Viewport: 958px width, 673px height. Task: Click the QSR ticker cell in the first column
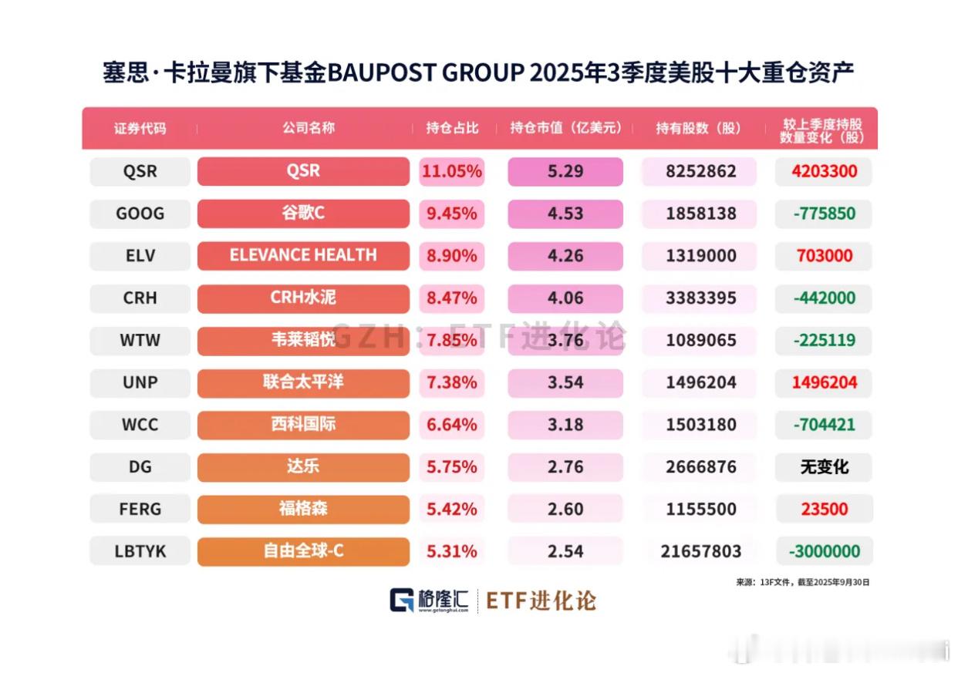[140, 171]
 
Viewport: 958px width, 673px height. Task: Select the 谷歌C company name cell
[303, 214]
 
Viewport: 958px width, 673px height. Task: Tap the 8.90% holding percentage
[451, 256]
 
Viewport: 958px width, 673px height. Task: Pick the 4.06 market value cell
[565, 298]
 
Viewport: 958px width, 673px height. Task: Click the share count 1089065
[700, 340]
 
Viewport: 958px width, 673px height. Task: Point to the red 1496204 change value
[824, 382]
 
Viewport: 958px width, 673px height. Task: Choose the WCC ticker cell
[140, 425]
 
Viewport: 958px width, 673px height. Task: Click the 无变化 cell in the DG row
[824, 466]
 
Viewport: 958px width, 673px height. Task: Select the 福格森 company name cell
[303, 509]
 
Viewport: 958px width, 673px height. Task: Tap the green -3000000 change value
[824, 551]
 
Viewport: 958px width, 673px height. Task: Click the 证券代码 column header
[140, 128]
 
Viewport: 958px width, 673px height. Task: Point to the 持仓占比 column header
[452, 128]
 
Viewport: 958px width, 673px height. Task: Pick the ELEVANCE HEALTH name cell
[303, 255]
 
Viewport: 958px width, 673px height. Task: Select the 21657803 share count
[700, 551]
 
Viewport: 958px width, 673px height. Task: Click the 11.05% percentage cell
[451, 171]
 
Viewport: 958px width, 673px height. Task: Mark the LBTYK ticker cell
[140, 551]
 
